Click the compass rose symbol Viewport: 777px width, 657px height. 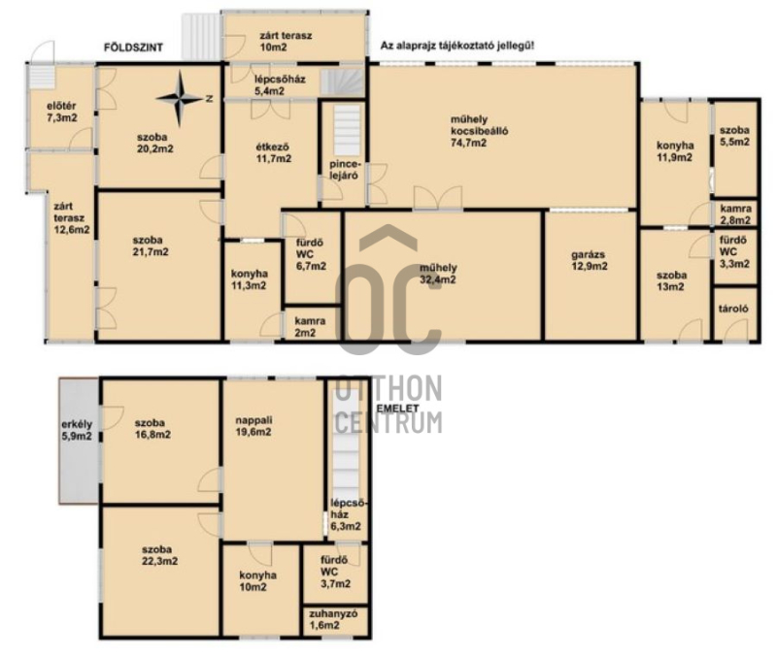[x=180, y=99]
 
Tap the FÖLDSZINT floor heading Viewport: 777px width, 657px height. [x=133, y=48]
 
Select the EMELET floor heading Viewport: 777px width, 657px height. [x=398, y=409]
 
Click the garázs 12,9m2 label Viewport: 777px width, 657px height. [x=590, y=260]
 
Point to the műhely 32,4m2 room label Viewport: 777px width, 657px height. [x=438, y=274]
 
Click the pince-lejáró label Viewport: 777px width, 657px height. [x=344, y=170]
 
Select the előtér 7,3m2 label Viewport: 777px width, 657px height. [x=62, y=112]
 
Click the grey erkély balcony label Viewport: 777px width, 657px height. [x=77, y=430]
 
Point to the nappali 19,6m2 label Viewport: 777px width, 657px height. [x=253, y=426]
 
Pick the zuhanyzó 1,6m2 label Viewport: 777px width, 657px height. [x=333, y=619]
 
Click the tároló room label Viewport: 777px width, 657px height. [x=733, y=309]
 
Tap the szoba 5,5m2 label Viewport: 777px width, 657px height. [x=734, y=136]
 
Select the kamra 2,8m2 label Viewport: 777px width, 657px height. [x=736, y=214]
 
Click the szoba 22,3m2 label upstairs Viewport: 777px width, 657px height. [x=159, y=555]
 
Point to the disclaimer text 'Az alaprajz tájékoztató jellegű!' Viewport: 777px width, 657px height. [x=457, y=45]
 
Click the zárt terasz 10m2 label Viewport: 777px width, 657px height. [x=286, y=42]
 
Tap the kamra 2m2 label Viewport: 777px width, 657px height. [x=310, y=327]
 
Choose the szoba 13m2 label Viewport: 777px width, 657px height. [x=671, y=280]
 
